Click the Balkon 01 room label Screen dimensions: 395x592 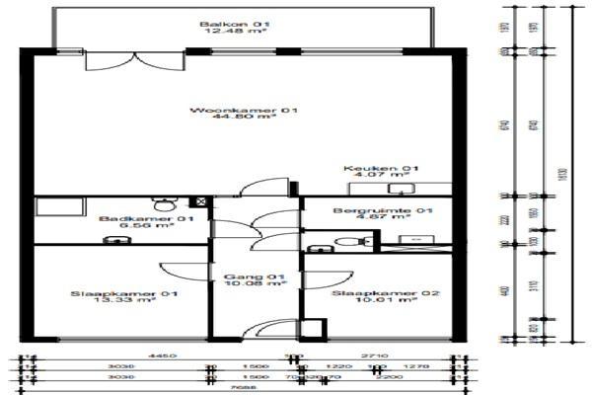(220, 23)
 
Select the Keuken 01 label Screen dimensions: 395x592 (368, 168)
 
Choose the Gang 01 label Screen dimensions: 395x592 (255, 276)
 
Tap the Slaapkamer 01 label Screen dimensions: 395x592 (124, 293)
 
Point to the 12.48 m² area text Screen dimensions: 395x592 (220, 31)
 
